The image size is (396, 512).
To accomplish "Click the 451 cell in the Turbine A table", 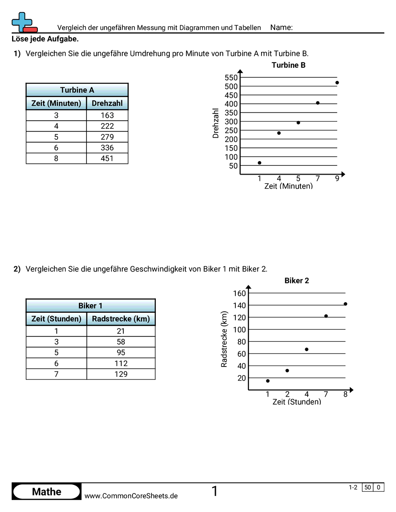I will point(107,159).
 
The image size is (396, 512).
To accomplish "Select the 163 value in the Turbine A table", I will point(107,115).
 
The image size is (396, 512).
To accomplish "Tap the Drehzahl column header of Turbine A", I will point(107,103).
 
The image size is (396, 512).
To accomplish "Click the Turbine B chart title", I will point(288,65).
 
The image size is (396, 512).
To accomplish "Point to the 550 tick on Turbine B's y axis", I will point(231,78).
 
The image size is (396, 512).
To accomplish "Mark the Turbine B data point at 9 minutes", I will point(337,82).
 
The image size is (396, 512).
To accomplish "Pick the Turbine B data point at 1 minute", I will point(259,163).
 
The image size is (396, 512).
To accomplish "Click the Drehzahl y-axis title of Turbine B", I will point(216,123).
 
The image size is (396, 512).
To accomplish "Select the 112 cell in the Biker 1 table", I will point(121,363).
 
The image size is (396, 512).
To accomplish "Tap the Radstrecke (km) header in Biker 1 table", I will point(121,319).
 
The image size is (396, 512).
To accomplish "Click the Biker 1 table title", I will point(90,305).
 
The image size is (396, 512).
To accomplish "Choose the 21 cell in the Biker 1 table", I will point(121,331).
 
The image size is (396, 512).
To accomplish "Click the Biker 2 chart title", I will point(297,281).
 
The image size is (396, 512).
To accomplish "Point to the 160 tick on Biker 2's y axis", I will point(240,293).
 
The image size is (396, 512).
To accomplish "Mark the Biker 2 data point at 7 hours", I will point(326,316).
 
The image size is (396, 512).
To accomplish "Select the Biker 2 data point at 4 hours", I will point(306,350).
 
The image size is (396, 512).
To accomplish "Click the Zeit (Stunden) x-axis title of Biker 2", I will point(297,402).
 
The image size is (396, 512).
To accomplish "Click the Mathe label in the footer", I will point(47,492).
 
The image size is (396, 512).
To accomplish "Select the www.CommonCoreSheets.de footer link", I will point(131,496).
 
